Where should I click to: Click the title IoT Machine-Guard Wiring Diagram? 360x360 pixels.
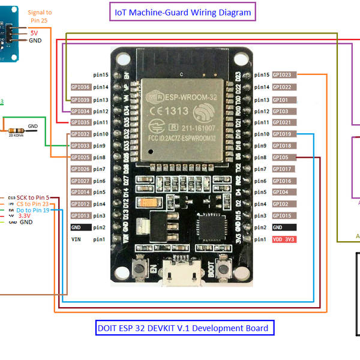pos(182,12)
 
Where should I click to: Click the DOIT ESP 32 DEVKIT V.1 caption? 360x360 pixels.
pos(182,328)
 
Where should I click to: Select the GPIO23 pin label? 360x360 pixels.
pos(283,75)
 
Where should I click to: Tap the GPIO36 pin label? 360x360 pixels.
pos(80,87)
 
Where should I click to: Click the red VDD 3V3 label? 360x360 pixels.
pos(284,239)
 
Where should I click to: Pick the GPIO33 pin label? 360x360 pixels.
pos(80,146)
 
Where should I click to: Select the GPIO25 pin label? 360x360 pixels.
pos(80,157)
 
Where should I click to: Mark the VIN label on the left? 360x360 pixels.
pos(76,239)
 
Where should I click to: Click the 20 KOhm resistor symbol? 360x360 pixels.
pos(15,130)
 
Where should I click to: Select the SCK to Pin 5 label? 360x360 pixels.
pos(33,197)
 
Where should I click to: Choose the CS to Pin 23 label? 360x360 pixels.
pos(33,204)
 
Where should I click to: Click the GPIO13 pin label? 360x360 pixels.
pos(80,215)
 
